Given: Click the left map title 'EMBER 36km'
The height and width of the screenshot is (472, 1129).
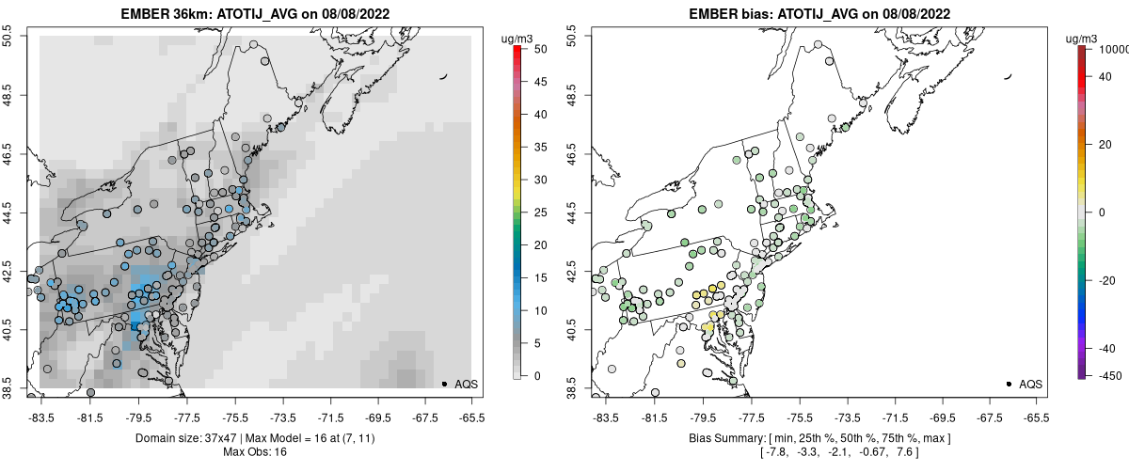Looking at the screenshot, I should coord(165,14).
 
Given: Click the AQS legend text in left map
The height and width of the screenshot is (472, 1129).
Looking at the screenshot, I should coord(466,385).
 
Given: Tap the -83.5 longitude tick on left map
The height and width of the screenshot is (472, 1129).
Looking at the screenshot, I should coord(40,417).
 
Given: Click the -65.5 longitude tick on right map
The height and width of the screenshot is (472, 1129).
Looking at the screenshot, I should coord(1035,417).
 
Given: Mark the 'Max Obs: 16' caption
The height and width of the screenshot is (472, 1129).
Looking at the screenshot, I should coord(255,452).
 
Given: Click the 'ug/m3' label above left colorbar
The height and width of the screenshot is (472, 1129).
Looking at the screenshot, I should coord(518,38).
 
